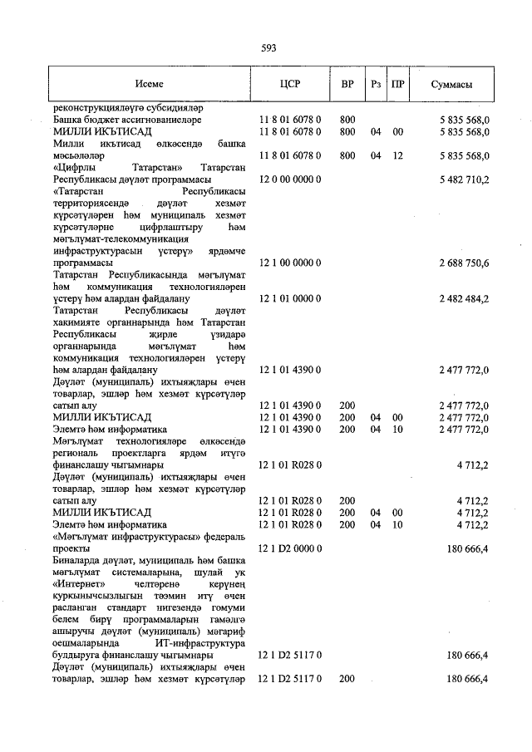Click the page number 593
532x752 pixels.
(268, 47)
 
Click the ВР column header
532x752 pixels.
(347, 85)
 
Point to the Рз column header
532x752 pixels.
(376, 85)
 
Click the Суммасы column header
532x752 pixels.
(452, 85)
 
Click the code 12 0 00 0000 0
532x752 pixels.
(290, 179)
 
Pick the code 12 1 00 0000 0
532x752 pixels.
(290, 263)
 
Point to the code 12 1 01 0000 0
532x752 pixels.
(290, 298)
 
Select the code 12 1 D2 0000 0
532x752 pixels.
(290, 549)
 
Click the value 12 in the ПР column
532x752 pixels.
(398, 155)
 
